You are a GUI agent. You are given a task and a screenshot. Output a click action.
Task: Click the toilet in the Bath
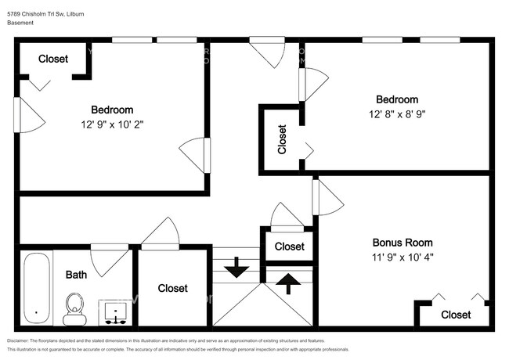[x=75, y=307]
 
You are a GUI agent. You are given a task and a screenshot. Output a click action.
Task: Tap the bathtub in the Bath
[x=36, y=288]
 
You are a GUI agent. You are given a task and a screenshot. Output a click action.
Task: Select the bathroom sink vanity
[x=115, y=311]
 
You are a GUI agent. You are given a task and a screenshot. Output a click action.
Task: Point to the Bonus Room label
[x=402, y=243]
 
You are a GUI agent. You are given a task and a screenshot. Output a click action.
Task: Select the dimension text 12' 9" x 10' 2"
[x=112, y=124]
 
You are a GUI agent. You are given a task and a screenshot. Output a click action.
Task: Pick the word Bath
[x=76, y=275]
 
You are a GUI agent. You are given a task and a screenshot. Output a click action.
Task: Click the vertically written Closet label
[x=282, y=140]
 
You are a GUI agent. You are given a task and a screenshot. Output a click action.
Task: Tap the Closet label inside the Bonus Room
[x=456, y=315]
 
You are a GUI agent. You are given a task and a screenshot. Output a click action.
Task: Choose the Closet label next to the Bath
[x=172, y=288]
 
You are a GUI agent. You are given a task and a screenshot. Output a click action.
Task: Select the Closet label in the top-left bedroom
[x=53, y=59]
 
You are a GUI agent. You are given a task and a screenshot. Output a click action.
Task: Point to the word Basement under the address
[x=21, y=23]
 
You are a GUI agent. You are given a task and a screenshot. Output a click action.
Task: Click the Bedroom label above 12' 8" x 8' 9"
[x=397, y=99]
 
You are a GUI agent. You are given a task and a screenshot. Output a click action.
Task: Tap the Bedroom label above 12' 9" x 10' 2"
[x=112, y=110]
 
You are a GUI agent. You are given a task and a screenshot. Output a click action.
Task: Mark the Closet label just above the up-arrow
[x=289, y=247]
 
